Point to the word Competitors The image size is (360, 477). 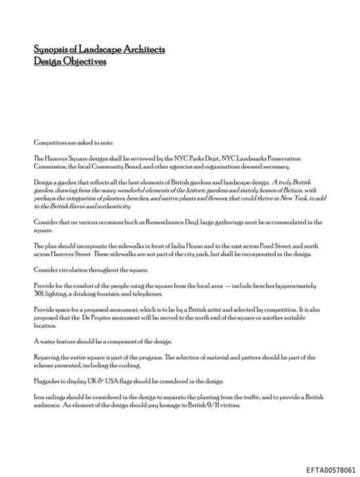(x=50, y=142)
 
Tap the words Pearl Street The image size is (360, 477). (x=269, y=246)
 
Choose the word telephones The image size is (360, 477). (x=146, y=293)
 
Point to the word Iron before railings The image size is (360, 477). (x=39, y=397)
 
